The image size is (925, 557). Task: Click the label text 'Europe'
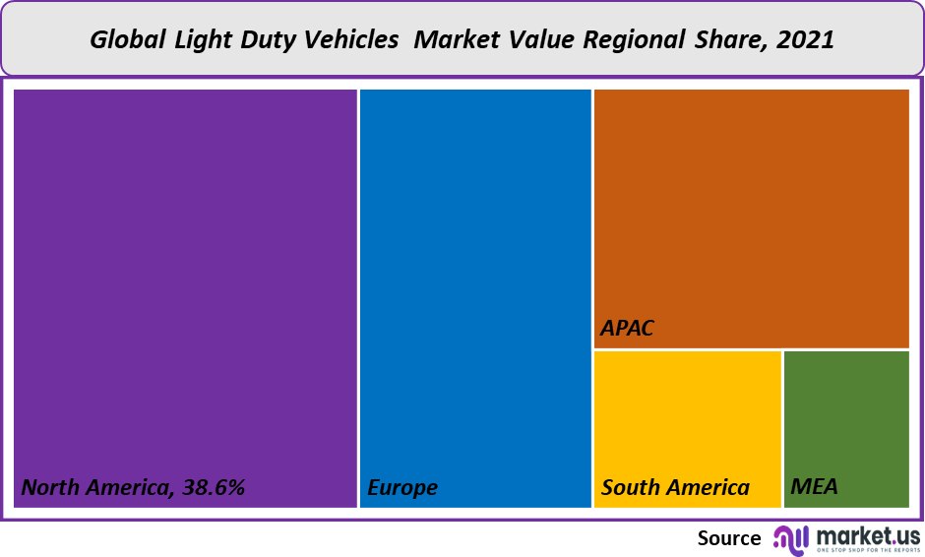click(x=402, y=487)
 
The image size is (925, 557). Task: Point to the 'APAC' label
click(x=627, y=328)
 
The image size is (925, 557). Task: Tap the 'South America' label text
click(x=675, y=487)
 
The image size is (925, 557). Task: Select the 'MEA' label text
click(x=814, y=487)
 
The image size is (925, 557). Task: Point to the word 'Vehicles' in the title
click(x=350, y=40)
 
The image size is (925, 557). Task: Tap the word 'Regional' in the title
click(x=641, y=40)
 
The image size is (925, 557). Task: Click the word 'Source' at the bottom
click(x=729, y=538)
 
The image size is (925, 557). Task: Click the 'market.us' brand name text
click(x=866, y=534)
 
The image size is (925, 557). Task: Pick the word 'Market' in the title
click(x=454, y=40)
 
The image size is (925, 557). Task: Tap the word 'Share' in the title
click(x=733, y=40)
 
